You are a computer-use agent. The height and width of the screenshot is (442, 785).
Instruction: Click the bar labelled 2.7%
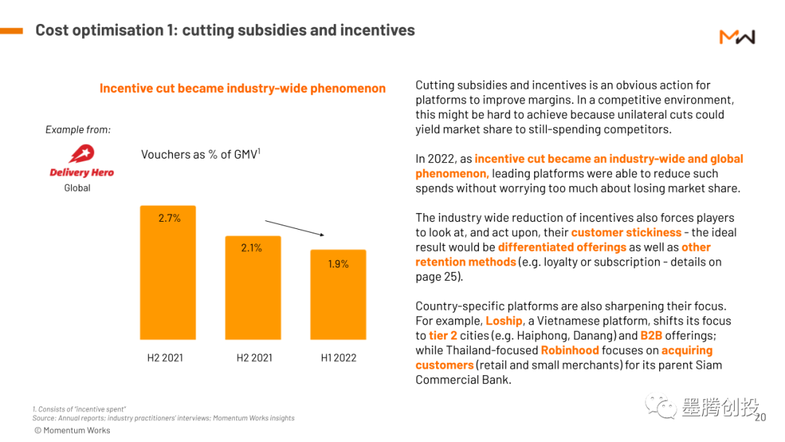pyautogui.click(x=168, y=273)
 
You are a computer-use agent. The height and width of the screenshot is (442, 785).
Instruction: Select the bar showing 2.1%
pyautogui.click(x=252, y=287)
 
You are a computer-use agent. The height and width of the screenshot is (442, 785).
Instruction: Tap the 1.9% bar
pyautogui.click(x=338, y=294)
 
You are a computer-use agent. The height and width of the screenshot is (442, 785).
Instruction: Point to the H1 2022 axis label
pyautogui.click(x=339, y=358)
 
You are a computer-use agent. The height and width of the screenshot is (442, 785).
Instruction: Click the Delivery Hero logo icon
pyautogui.click(x=81, y=154)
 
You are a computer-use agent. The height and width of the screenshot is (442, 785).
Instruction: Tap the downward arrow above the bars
pyautogui.click(x=294, y=228)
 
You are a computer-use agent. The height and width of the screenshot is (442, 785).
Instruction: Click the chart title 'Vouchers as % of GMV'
pyautogui.click(x=201, y=154)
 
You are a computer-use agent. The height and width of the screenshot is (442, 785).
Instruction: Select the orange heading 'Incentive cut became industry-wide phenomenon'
pyautogui.click(x=242, y=89)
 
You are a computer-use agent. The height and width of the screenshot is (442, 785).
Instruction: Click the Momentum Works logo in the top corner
pyautogui.click(x=737, y=36)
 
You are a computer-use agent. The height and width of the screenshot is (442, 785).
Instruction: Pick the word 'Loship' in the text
pyautogui.click(x=504, y=321)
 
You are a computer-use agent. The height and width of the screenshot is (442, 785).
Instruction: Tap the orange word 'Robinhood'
pyautogui.click(x=569, y=350)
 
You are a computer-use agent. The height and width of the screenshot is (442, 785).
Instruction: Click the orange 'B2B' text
pyautogui.click(x=652, y=336)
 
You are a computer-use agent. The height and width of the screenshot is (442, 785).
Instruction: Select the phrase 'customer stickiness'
pyautogui.click(x=626, y=233)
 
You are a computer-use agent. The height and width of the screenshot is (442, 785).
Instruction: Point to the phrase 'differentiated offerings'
pyautogui.click(x=562, y=247)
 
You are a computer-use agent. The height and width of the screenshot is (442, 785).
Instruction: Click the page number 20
pyautogui.click(x=760, y=417)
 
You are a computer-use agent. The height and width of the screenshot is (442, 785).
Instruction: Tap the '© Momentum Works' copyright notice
pyautogui.click(x=72, y=430)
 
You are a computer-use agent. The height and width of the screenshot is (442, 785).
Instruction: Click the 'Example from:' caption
pyautogui.click(x=78, y=129)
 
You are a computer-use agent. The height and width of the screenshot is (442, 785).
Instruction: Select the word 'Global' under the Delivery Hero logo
pyautogui.click(x=77, y=188)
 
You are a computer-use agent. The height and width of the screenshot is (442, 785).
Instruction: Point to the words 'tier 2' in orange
pyautogui.click(x=443, y=336)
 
